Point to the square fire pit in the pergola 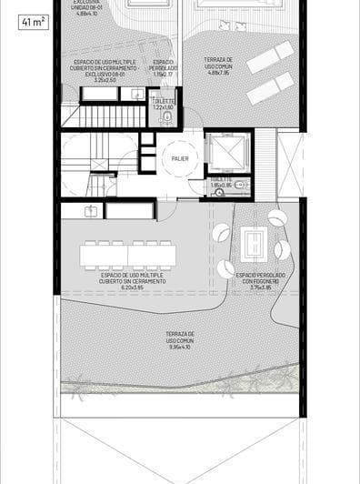pos(254,243)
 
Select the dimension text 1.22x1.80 pos(162,107)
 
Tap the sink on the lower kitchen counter pos(91,210)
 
